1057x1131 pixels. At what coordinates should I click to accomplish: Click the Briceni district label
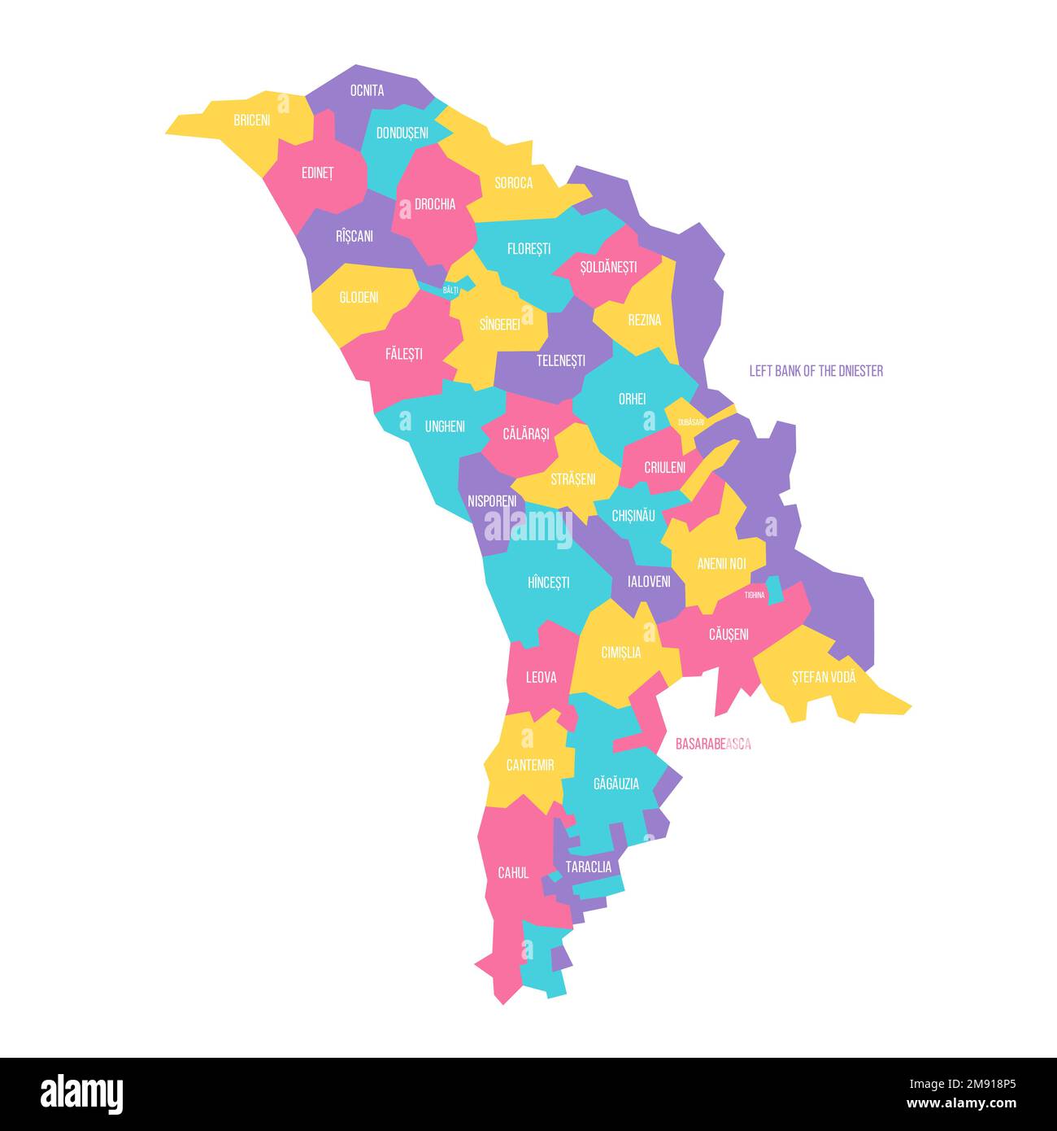click(x=251, y=120)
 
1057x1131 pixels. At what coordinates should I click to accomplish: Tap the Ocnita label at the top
click(x=367, y=90)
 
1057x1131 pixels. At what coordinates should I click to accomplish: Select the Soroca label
click(x=514, y=183)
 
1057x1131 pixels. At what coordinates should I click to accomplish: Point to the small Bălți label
click(x=450, y=290)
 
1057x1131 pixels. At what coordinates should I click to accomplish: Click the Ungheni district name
click(x=445, y=426)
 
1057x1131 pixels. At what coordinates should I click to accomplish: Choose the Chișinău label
click(x=633, y=515)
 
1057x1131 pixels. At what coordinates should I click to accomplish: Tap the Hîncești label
click(x=549, y=583)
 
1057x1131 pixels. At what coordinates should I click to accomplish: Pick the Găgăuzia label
click(x=616, y=784)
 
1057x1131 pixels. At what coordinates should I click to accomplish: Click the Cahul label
click(x=513, y=872)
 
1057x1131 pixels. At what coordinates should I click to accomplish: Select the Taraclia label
click(x=589, y=867)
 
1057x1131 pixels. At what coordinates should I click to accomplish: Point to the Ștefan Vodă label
click(x=824, y=676)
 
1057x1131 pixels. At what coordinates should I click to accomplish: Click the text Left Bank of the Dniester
click(x=816, y=371)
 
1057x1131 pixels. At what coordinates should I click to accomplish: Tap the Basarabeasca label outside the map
click(x=713, y=744)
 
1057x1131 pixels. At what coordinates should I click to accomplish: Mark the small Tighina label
click(x=755, y=595)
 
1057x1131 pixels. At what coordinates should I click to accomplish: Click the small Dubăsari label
click(x=691, y=422)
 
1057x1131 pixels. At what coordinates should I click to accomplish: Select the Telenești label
click(x=561, y=360)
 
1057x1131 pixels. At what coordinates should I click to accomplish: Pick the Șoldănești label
click(x=608, y=267)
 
